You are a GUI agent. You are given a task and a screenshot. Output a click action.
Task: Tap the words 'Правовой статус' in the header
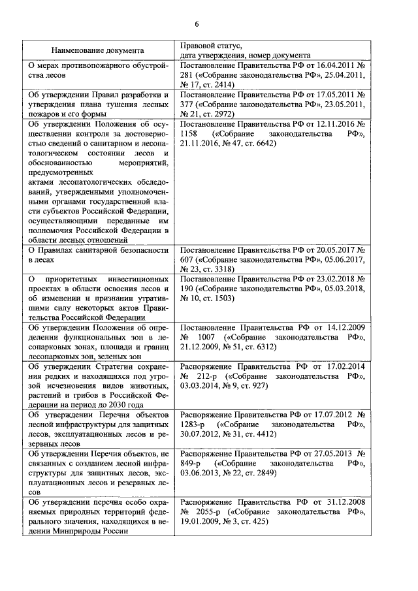coord(210,45)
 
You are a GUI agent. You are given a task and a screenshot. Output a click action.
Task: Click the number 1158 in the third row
coord(190,133)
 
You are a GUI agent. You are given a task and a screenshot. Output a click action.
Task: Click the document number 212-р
coord(208,376)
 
